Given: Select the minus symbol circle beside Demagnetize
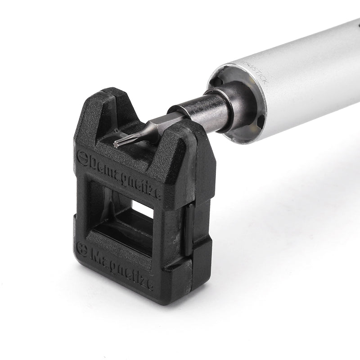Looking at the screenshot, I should (82, 157).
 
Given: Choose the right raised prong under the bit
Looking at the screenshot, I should (178, 135).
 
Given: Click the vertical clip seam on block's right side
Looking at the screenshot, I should (189, 229).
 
